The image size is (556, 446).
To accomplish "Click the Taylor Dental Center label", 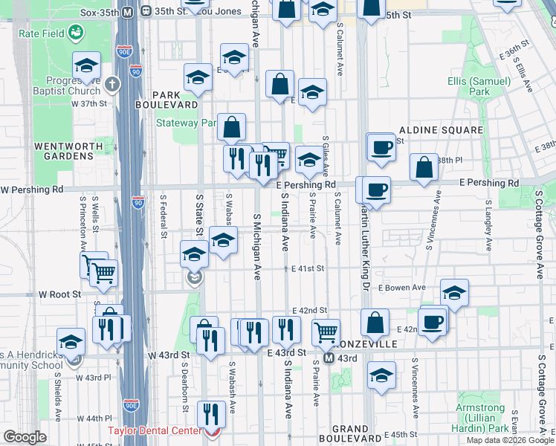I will pos(155,430).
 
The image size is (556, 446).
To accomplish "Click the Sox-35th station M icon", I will pos(127,12).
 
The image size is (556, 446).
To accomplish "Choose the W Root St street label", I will pos(60,294).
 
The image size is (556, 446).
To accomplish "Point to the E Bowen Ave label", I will pos(401,288).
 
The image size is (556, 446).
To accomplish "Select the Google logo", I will pos(25,438).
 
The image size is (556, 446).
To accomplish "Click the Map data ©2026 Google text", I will pos(511,440).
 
